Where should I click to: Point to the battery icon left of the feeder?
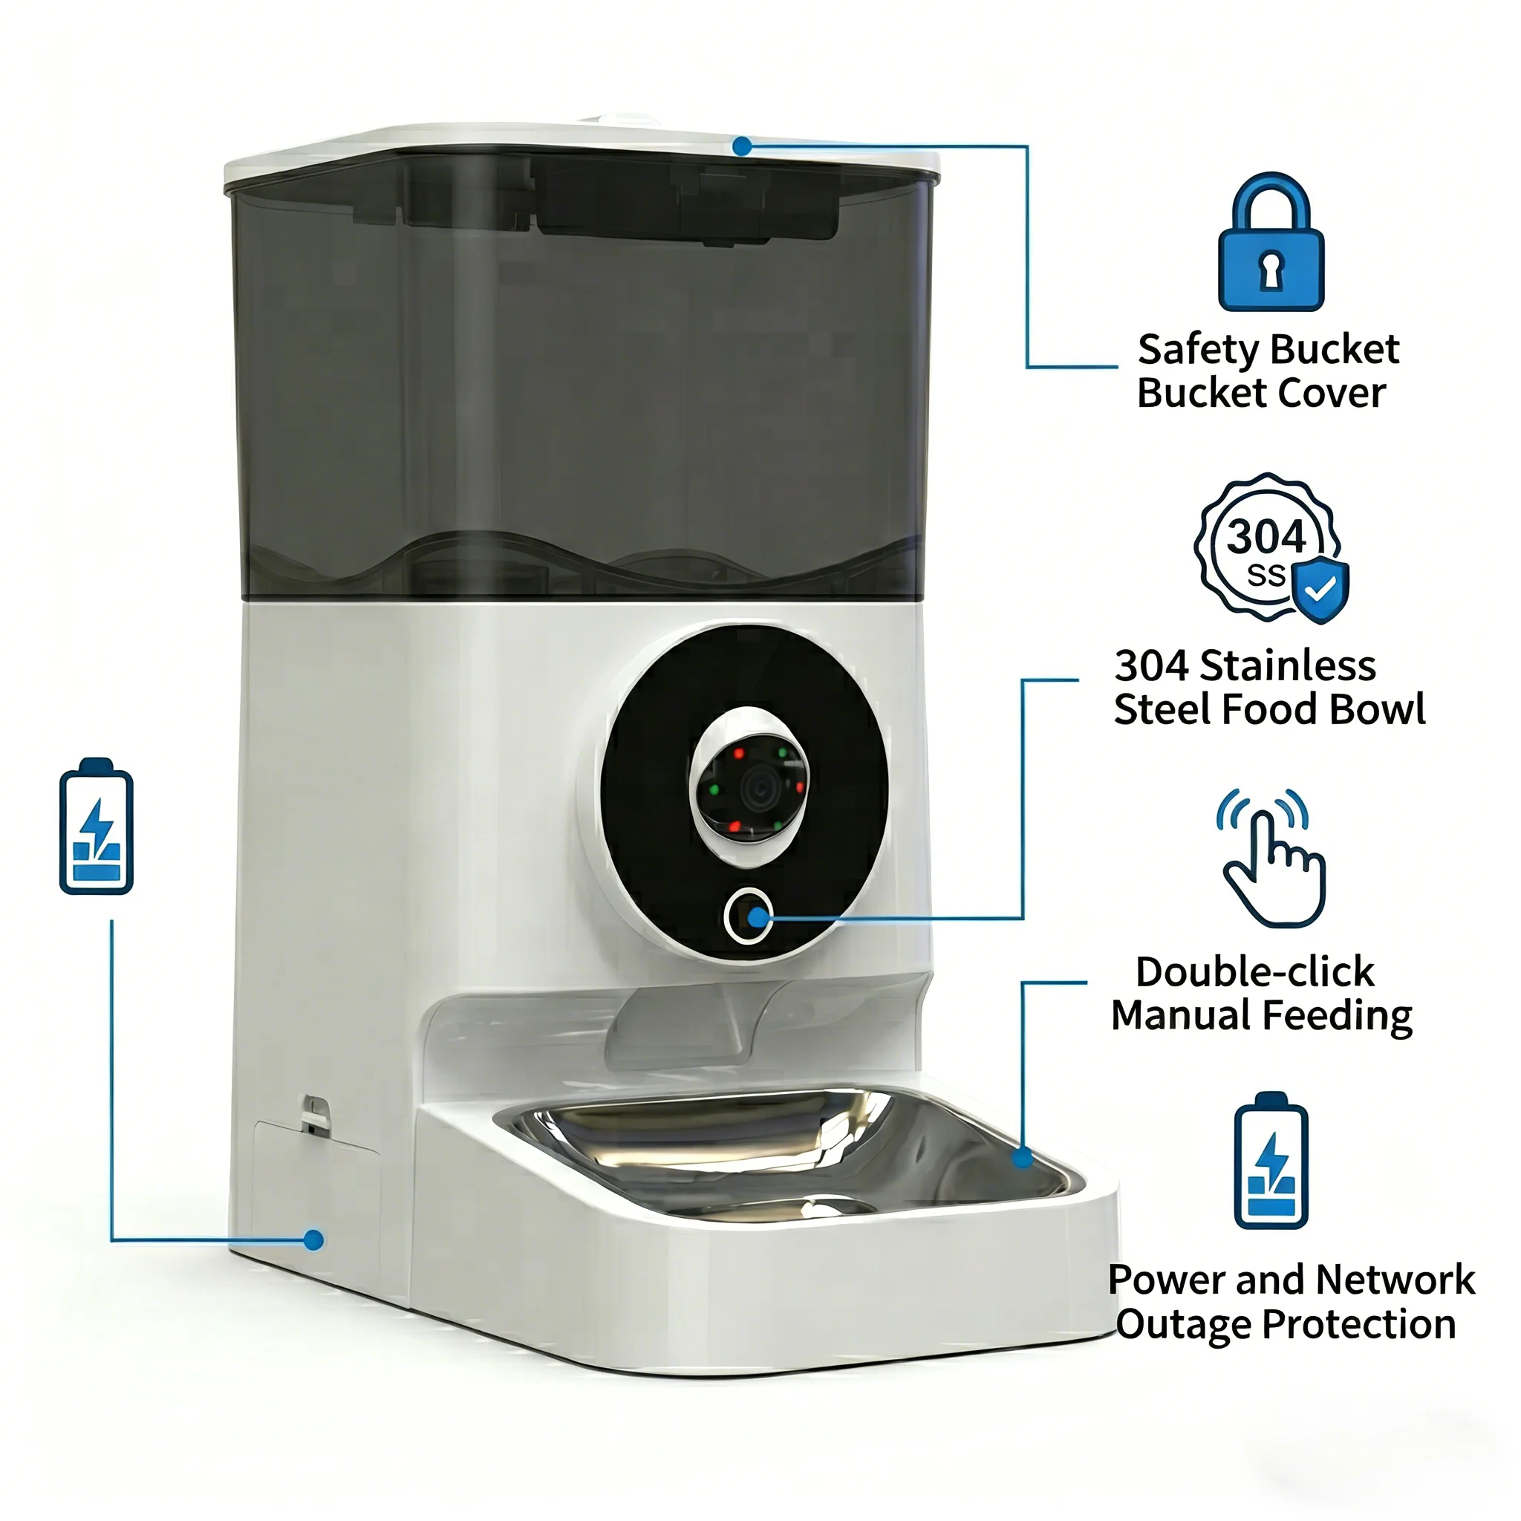tap(96, 826)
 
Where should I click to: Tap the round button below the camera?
tap(747, 916)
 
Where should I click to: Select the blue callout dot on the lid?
tap(742, 146)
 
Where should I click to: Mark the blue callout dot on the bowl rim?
tap(1023, 1157)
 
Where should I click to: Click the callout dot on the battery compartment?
tap(313, 1240)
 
